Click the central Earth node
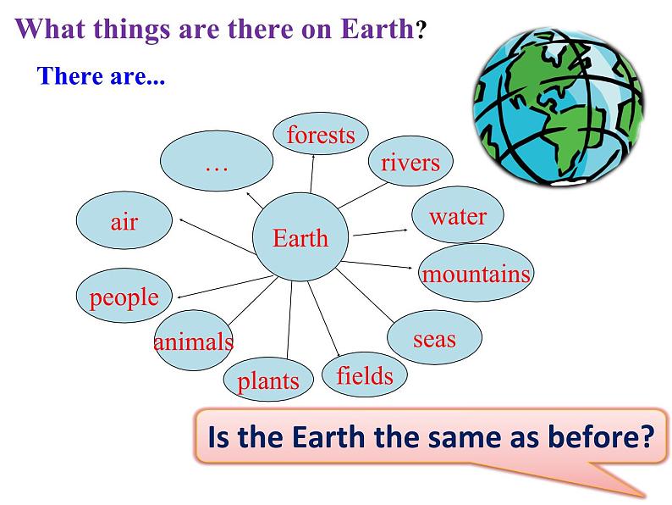click(300, 237)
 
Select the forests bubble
click(321, 133)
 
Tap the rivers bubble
click(410, 161)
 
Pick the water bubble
click(458, 215)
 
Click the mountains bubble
click(476, 273)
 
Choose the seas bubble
click(434, 337)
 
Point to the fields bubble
click(364, 375)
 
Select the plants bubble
click(268, 380)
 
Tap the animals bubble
click(194, 341)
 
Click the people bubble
click(124, 296)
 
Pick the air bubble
click(124, 220)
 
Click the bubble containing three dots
click(217, 161)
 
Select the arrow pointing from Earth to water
click(381, 232)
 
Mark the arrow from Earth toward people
click(226, 286)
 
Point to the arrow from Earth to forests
click(312, 174)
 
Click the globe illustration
click(559, 108)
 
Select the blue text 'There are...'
click(102, 76)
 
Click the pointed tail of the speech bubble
click(644, 497)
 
